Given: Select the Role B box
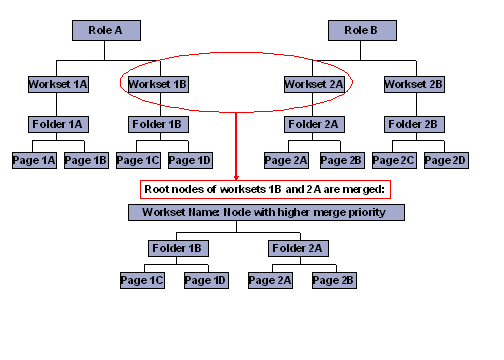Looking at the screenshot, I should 362,31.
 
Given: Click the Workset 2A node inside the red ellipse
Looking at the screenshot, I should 314,85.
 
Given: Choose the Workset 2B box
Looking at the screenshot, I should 413,85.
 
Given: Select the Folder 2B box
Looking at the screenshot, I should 413,125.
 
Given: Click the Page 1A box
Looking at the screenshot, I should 33,160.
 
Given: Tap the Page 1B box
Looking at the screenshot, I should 86,160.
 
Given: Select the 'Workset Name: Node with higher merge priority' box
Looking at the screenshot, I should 266,212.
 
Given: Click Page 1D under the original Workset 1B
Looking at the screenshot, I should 190,160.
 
